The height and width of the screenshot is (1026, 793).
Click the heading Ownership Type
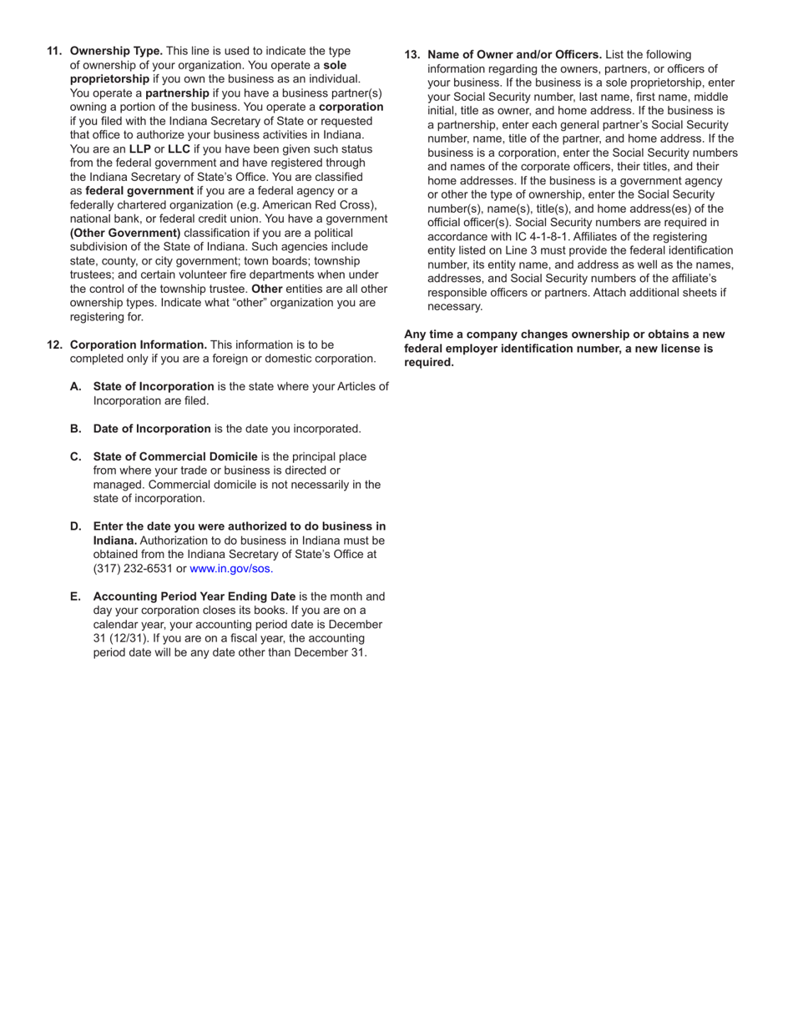pos(116,51)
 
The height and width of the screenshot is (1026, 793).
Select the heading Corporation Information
pos(139,345)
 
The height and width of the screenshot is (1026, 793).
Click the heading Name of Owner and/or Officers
pos(514,54)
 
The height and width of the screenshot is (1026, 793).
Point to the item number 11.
pos(54,51)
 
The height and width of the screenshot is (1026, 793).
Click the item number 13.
pos(412,54)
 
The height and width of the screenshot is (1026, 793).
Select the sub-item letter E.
pos(76,596)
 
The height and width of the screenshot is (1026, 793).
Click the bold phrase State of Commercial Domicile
pos(175,456)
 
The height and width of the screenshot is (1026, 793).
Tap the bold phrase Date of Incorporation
pos(152,429)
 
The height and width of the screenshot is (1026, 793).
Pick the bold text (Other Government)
pos(125,233)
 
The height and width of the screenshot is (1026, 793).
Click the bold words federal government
pos(139,190)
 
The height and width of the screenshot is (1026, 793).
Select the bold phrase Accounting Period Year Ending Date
pos(194,596)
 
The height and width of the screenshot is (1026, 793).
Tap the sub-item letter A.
pos(76,386)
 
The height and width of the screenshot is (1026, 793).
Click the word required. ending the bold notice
pos(429,362)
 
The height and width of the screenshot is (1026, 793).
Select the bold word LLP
pos(139,148)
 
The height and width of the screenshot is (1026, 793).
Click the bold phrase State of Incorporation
pos(154,386)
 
